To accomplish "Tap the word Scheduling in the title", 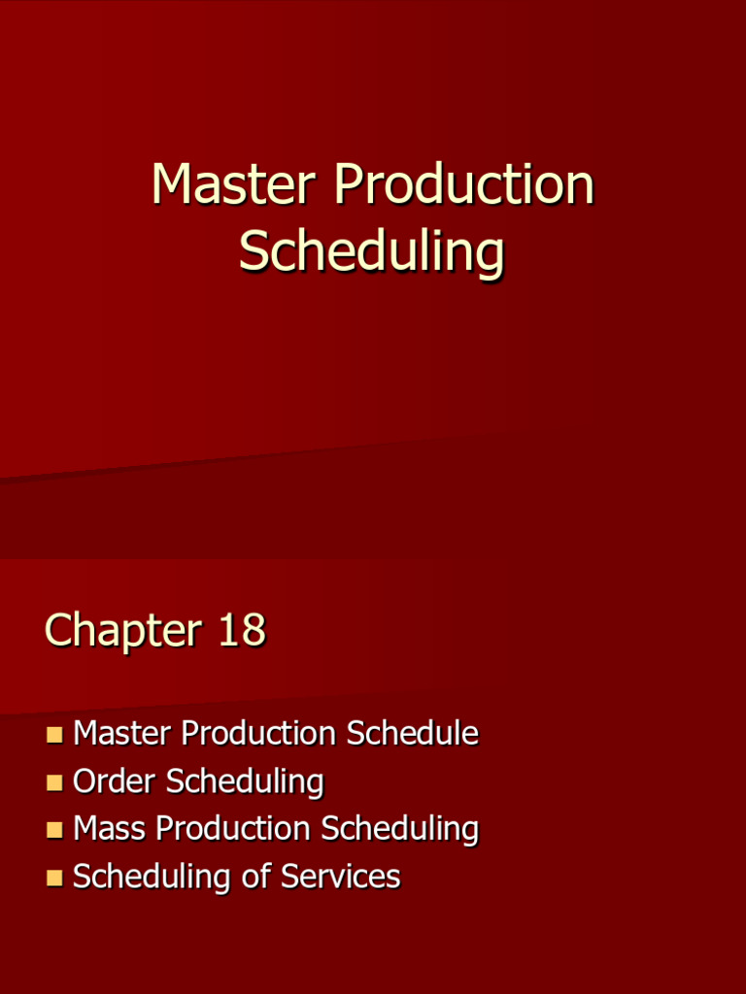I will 372,252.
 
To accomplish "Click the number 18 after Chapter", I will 242,630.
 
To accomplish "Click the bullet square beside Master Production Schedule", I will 54,734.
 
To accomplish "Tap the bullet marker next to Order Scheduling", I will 54,781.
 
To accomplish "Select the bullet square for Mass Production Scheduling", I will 54,829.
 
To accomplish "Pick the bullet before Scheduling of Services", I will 54,878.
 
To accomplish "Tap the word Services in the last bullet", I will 340,877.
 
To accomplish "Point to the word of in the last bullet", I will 256,877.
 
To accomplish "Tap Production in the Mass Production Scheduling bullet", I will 233,828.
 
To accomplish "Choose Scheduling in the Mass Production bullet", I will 400,829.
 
